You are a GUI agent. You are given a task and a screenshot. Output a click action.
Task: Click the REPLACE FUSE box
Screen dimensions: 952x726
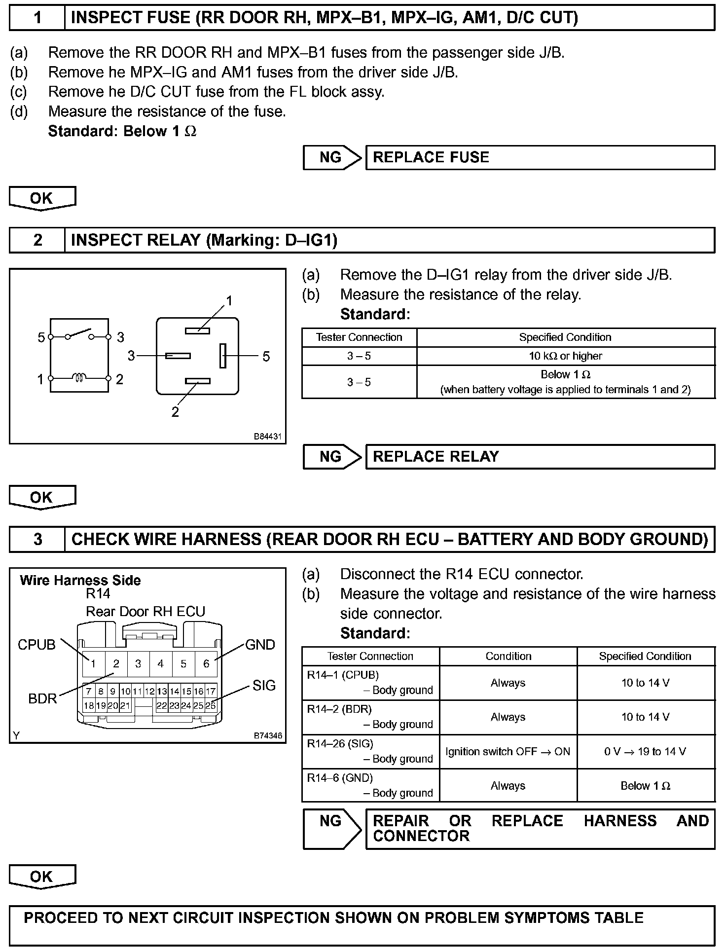pyautogui.click(x=540, y=157)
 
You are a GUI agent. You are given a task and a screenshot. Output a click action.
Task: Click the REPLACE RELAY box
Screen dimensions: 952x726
pyautogui.click(x=540, y=457)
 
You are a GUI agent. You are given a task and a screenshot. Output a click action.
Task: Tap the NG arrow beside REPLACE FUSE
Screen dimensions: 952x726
pyautogui.click(x=331, y=157)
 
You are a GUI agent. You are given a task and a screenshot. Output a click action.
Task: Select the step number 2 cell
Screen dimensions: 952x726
pyautogui.click(x=37, y=240)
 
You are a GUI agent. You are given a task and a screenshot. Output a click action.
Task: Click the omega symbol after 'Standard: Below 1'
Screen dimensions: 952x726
pyautogui.click(x=190, y=132)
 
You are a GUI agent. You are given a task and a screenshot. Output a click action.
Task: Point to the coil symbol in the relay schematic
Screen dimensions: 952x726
pyautogui.click(x=79, y=378)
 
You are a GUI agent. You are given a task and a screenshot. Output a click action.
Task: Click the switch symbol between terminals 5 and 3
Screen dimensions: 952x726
pyautogui.click(x=79, y=334)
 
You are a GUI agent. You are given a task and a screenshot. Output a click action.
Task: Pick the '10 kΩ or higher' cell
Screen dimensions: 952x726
pyautogui.click(x=565, y=356)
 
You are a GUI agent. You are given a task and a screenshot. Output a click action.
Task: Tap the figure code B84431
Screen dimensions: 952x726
pyautogui.click(x=268, y=437)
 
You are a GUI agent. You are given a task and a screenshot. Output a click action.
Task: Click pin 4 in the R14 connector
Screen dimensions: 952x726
pyautogui.click(x=160, y=664)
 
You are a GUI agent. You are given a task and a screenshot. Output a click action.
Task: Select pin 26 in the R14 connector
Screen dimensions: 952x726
pyautogui.click(x=211, y=705)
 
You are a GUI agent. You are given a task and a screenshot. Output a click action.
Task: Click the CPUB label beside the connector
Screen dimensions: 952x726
pyautogui.click(x=36, y=645)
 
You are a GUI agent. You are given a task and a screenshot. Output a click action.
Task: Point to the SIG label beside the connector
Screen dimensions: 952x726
pyautogui.click(x=264, y=685)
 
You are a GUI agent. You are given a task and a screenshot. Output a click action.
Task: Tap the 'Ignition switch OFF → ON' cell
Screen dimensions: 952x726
pyautogui.click(x=508, y=752)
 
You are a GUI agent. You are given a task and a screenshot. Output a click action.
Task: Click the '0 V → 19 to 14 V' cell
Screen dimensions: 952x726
pyautogui.click(x=645, y=752)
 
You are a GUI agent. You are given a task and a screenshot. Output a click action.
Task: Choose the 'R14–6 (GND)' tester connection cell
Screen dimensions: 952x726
pyautogui.click(x=370, y=785)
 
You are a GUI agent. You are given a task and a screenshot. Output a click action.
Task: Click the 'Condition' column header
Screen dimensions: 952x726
pyautogui.click(x=508, y=657)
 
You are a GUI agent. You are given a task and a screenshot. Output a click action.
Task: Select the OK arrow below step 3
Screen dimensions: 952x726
pyautogui.click(x=42, y=877)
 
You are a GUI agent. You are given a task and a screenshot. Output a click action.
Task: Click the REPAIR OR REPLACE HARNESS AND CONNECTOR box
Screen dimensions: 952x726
pyautogui.click(x=540, y=829)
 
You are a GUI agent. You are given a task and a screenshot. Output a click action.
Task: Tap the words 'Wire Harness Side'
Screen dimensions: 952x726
pyautogui.click(x=80, y=580)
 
